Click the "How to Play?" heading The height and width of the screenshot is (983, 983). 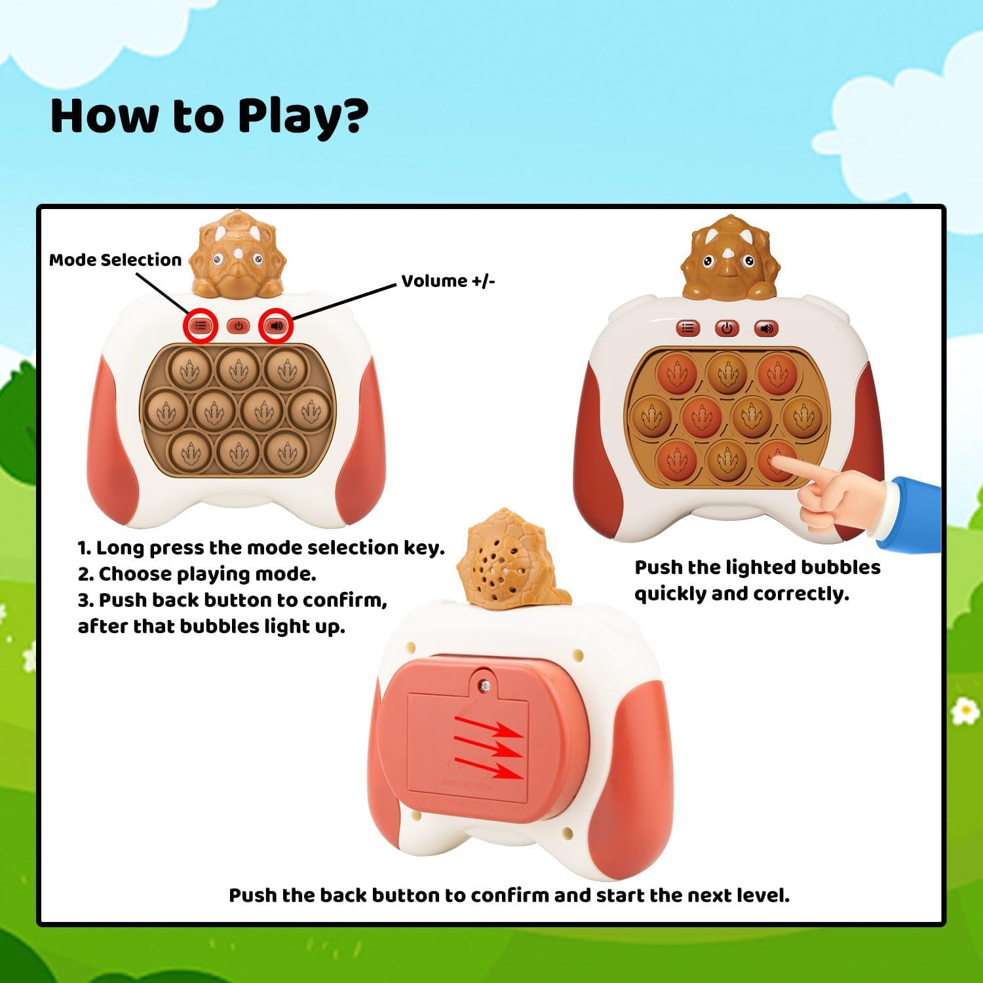(209, 116)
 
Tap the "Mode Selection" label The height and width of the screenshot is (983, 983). (115, 260)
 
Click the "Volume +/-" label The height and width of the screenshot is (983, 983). (448, 281)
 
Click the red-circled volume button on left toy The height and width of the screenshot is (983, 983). (277, 325)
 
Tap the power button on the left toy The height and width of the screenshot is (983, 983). (238, 326)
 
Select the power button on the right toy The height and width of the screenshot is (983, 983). (726, 328)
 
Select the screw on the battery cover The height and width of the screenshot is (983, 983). (485, 685)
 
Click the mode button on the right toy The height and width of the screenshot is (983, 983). (687, 328)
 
